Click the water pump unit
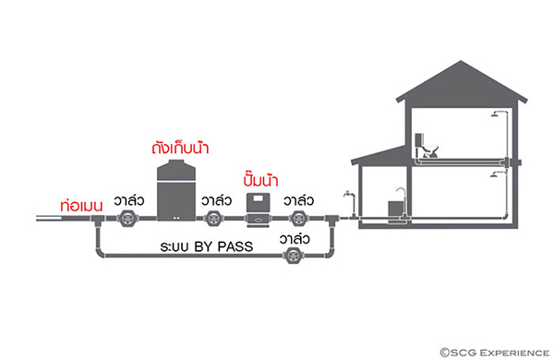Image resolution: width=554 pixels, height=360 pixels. coord(258,209)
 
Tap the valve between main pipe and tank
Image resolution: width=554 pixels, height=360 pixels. coord(127,220)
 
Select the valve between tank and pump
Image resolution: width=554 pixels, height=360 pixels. coord(214,220)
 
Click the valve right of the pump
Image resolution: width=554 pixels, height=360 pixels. coord(298,220)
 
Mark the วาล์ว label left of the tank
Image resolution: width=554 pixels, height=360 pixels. coord(130,199)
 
